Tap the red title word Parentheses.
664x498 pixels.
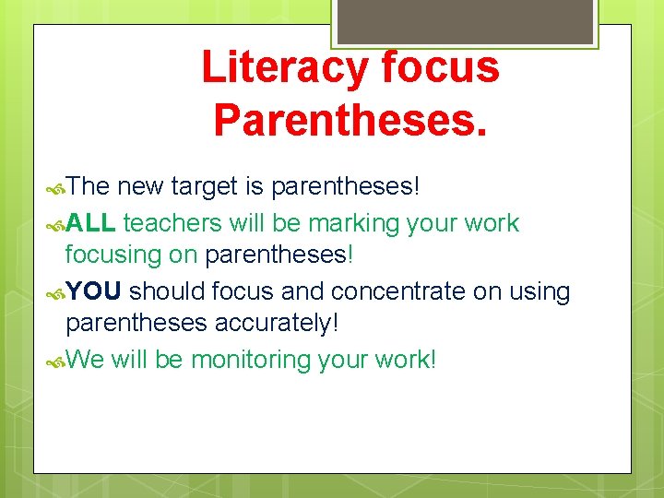click(x=350, y=120)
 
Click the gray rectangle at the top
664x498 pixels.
click(x=465, y=21)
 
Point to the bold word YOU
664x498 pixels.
click(x=93, y=291)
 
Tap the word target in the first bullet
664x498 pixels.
click(x=204, y=187)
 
